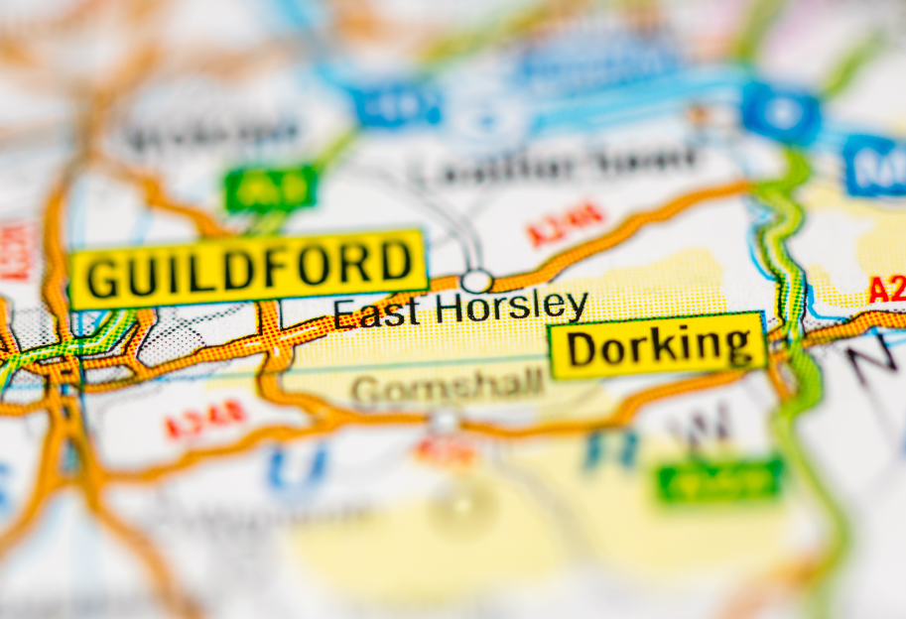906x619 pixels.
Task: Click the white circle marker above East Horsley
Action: [476, 281]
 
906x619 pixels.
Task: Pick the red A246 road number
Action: [566, 223]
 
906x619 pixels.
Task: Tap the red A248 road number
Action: [205, 419]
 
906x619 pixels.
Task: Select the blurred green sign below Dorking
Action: [719, 479]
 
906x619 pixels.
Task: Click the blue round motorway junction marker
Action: [782, 111]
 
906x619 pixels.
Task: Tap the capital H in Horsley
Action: [451, 309]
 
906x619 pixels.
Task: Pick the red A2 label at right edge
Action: [886, 290]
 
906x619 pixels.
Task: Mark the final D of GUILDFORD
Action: [396, 262]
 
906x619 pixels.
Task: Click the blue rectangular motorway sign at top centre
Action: [396, 105]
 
